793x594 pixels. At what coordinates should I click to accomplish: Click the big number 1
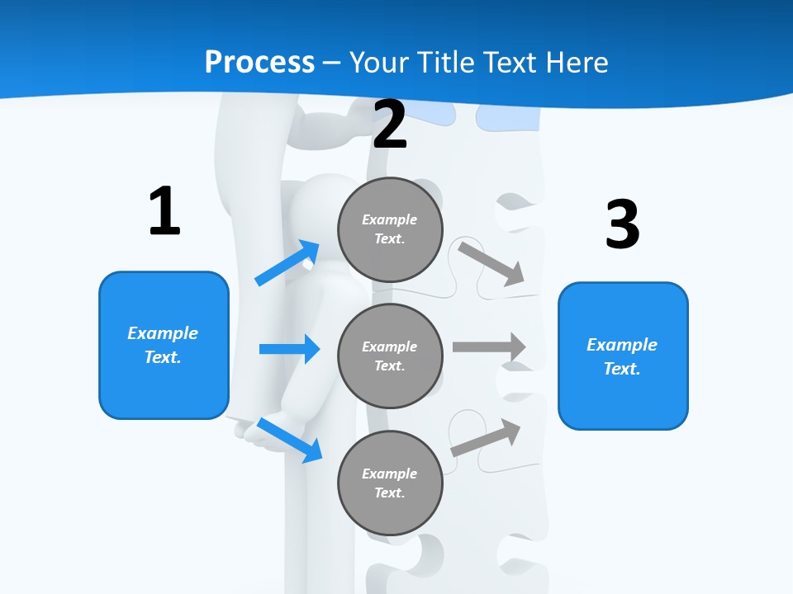click(164, 212)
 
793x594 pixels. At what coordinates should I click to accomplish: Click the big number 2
click(390, 125)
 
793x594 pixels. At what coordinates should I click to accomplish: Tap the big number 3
click(622, 224)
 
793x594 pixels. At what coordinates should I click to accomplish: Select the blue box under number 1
click(164, 345)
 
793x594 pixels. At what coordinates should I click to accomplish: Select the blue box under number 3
click(623, 356)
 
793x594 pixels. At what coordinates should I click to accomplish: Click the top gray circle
click(390, 229)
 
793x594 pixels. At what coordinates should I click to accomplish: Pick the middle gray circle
click(390, 356)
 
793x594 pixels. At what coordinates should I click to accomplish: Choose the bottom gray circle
click(390, 483)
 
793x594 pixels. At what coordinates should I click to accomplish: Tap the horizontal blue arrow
click(289, 349)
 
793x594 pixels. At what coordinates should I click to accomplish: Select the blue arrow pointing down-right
click(289, 440)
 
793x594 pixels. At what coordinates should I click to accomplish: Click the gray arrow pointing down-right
click(492, 264)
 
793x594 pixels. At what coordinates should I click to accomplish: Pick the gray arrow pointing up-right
click(487, 437)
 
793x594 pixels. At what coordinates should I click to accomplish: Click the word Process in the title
click(259, 63)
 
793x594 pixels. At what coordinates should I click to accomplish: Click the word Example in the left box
click(163, 333)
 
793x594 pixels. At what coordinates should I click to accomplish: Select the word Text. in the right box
click(622, 369)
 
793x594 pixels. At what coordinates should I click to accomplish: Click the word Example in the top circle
click(390, 219)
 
